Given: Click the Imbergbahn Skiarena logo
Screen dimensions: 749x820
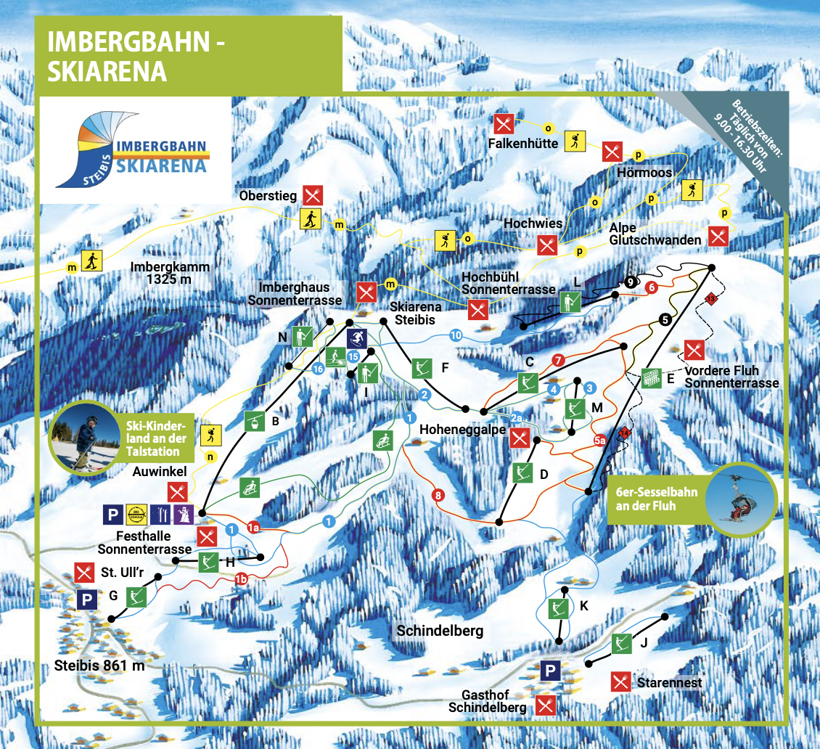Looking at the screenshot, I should point(136,150).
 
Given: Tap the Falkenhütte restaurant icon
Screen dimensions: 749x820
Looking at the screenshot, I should point(504,123).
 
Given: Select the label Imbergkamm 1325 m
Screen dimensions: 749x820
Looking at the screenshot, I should point(170,273).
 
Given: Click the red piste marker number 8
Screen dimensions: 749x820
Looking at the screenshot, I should point(438,496).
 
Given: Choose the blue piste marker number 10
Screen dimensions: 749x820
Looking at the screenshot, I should point(456,335).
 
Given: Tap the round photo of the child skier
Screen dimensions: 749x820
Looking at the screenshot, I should point(85,437).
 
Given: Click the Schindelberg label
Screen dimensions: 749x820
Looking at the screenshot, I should point(440,631).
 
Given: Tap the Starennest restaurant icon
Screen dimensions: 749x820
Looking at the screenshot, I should point(620,682).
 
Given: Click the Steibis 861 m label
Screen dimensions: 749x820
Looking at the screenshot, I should point(100,665).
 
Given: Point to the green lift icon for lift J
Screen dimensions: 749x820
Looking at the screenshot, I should point(621,641).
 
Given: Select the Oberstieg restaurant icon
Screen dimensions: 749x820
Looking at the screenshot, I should point(313,195).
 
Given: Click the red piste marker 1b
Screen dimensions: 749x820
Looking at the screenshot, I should point(240,578).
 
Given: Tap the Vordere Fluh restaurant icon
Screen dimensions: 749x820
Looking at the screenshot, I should point(694,351).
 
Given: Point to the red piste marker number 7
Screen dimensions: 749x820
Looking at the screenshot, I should point(557,359).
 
